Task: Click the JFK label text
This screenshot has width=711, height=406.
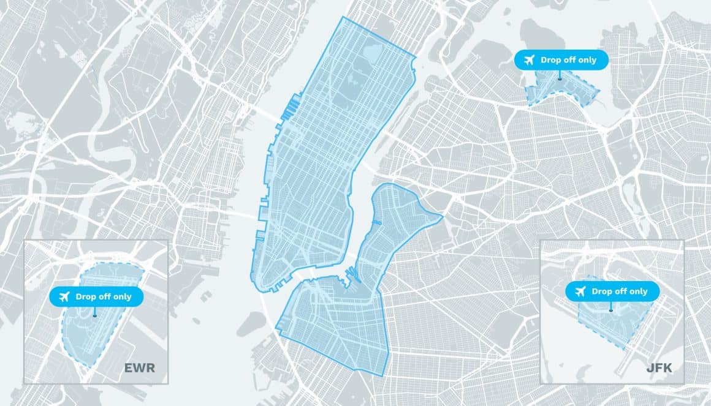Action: point(659,368)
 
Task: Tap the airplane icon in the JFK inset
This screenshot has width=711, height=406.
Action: point(579,291)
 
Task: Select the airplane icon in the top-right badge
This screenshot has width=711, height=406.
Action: point(528,60)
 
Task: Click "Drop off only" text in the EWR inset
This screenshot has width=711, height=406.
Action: point(103,297)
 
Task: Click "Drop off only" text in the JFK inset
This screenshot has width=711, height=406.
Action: point(619,291)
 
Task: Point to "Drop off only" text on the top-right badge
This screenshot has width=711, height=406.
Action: point(568,60)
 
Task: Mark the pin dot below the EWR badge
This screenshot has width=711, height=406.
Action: point(95,316)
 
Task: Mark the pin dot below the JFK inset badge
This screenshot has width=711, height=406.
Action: point(611,310)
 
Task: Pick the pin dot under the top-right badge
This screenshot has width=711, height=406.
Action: point(560,78)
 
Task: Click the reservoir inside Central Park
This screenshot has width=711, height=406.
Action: point(371,54)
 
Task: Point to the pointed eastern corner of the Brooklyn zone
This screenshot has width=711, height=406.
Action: point(441,216)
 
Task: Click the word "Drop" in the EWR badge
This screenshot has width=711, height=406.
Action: point(86,297)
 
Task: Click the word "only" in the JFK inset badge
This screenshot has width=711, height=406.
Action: point(637,291)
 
